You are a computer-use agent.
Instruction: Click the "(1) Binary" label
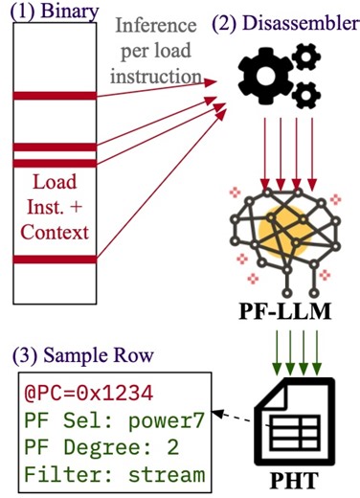[x=48, y=11]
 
